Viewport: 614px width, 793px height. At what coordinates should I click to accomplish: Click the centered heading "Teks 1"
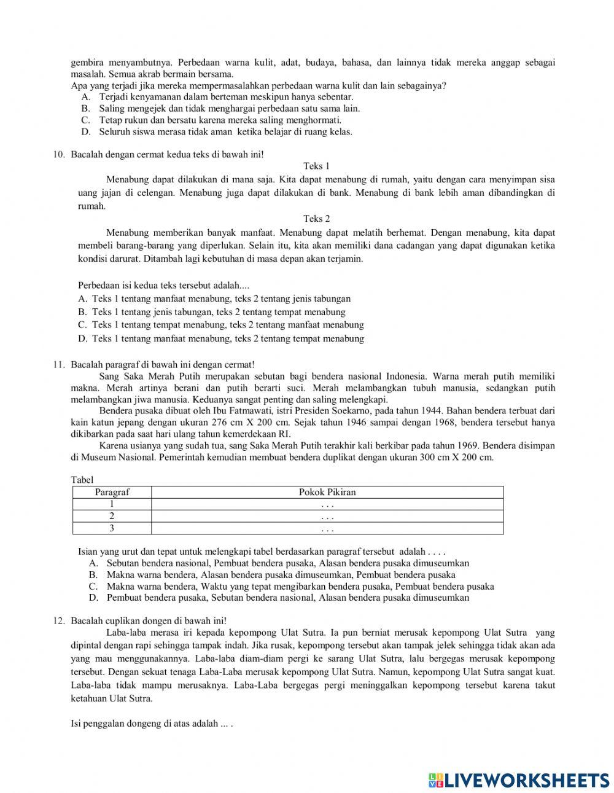316,166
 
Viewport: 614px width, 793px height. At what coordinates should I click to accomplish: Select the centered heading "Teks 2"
316,219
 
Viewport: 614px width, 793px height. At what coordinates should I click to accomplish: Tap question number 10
59,154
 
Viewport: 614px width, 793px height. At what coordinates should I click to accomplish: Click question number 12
59,620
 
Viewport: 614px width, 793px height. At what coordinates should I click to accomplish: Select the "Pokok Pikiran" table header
327,492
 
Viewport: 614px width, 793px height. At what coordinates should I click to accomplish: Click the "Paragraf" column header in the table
112,492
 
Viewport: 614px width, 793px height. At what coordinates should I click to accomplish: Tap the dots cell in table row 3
327,528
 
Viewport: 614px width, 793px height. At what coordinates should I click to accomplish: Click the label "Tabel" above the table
82,480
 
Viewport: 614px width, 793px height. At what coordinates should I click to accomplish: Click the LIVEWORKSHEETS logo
519,780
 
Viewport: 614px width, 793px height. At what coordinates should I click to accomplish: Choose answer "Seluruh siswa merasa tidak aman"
166,132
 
